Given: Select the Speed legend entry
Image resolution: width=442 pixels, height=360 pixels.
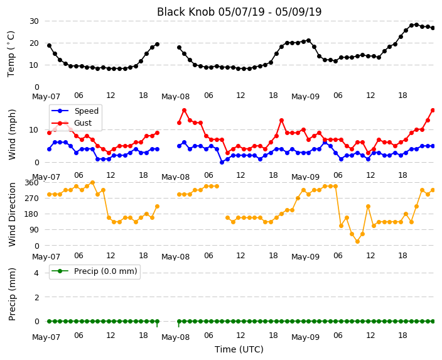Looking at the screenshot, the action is point(75,111).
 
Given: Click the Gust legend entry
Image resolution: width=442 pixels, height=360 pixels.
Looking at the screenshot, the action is point(72,123).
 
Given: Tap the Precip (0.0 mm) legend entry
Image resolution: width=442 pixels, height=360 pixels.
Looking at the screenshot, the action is point(94,271).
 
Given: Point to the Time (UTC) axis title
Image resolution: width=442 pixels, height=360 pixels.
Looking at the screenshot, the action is point(239,349).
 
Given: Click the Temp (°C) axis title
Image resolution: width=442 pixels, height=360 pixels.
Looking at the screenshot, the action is point(11,54).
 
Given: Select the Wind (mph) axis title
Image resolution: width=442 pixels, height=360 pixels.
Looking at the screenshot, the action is point(12,134).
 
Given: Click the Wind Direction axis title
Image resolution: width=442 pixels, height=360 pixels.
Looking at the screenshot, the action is point(12,214).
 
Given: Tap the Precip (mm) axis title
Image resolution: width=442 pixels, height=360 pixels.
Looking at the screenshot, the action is point(12,294).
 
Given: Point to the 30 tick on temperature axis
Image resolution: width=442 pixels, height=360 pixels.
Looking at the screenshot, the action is point(34,21).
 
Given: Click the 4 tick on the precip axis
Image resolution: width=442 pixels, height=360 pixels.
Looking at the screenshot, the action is point(36,273).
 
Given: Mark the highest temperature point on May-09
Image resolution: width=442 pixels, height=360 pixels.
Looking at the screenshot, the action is point(417,25).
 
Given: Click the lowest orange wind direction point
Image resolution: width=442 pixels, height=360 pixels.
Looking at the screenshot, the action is point(357,241).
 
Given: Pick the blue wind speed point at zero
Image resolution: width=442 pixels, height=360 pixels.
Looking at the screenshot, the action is point(222,162).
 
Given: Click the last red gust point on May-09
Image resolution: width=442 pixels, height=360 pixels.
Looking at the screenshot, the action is point(433,111).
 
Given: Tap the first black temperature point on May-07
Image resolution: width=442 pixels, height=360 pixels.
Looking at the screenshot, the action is point(50,45).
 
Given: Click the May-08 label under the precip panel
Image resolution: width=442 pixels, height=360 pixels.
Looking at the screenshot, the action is point(175,337).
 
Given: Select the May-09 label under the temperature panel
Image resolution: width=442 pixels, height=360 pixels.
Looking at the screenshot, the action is point(305,97).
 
